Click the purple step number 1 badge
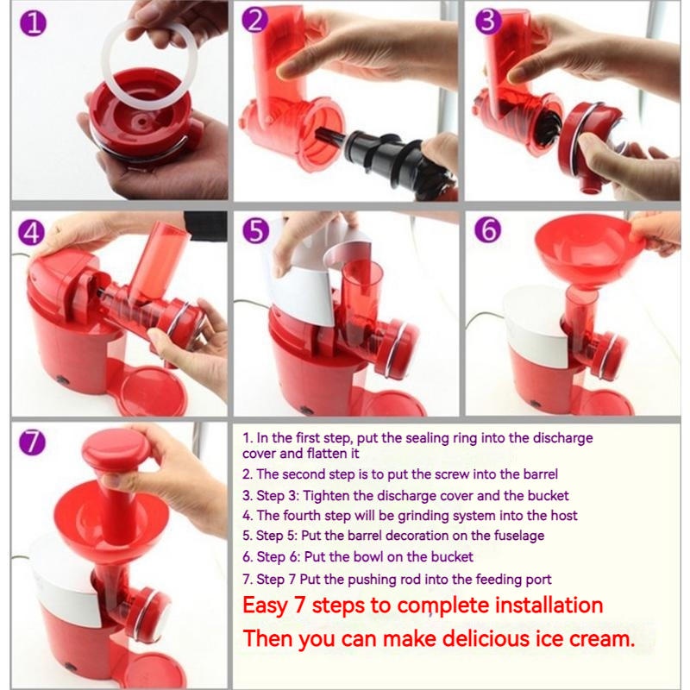tap(33, 23)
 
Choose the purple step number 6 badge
tap(488, 231)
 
